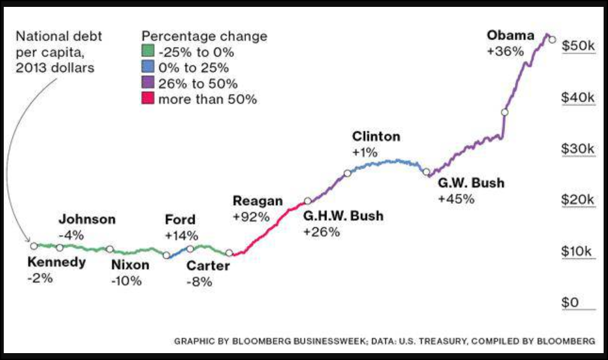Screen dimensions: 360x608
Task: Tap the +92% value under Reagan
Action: (251, 217)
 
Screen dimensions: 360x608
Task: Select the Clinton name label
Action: (376, 137)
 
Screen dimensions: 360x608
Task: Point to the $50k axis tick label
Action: (579, 46)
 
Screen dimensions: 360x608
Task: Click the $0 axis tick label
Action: (570, 303)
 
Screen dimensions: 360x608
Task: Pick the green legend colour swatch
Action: (147, 53)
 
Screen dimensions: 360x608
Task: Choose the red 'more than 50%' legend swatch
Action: (147, 98)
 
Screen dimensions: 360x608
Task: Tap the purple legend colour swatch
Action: (147, 83)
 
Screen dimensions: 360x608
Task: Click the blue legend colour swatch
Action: (147, 68)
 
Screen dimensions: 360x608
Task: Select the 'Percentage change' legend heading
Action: (205, 36)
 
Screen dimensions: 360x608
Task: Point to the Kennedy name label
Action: (56, 262)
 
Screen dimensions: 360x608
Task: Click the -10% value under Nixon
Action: (126, 281)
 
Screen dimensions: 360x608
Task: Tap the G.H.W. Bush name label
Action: (343, 216)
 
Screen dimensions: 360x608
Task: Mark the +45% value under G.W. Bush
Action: (456, 199)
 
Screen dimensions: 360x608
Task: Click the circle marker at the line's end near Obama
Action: (552, 40)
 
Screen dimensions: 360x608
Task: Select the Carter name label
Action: (208, 266)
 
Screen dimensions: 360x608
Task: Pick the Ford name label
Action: (180, 220)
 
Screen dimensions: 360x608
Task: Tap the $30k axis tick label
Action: (579, 149)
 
